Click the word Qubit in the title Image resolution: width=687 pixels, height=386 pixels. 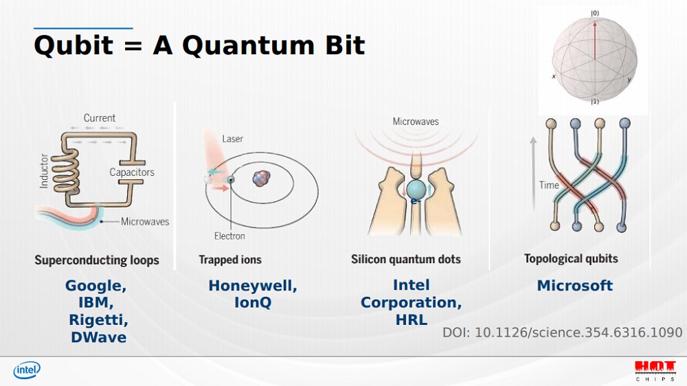click(x=74, y=45)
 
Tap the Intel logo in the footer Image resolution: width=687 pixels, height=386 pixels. click(x=27, y=370)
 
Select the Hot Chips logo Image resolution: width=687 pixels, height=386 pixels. click(x=655, y=371)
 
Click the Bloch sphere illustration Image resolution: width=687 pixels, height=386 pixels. click(x=594, y=58)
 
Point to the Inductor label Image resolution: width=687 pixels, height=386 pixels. click(x=44, y=171)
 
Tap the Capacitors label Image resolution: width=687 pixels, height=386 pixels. click(x=132, y=172)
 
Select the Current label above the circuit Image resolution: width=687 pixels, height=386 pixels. click(x=100, y=118)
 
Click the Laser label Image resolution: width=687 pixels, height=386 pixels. click(x=232, y=139)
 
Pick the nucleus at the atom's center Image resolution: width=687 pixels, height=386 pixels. click(x=261, y=179)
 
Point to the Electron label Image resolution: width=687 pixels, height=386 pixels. click(x=229, y=236)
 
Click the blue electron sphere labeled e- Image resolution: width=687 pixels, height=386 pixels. click(x=416, y=190)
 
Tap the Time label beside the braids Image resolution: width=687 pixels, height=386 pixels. click(x=549, y=185)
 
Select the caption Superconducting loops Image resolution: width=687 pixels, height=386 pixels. click(x=97, y=260)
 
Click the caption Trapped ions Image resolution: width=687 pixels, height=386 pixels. click(x=230, y=260)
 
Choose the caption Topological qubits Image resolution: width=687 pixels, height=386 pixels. click(x=571, y=259)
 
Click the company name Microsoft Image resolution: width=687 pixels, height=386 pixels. click(x=575, y=286)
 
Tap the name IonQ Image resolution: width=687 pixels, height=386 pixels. click(x=253, y=303)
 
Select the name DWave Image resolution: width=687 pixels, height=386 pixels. click(x=98, y=337)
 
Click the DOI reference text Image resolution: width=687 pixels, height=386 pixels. click(x=562, y=332)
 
